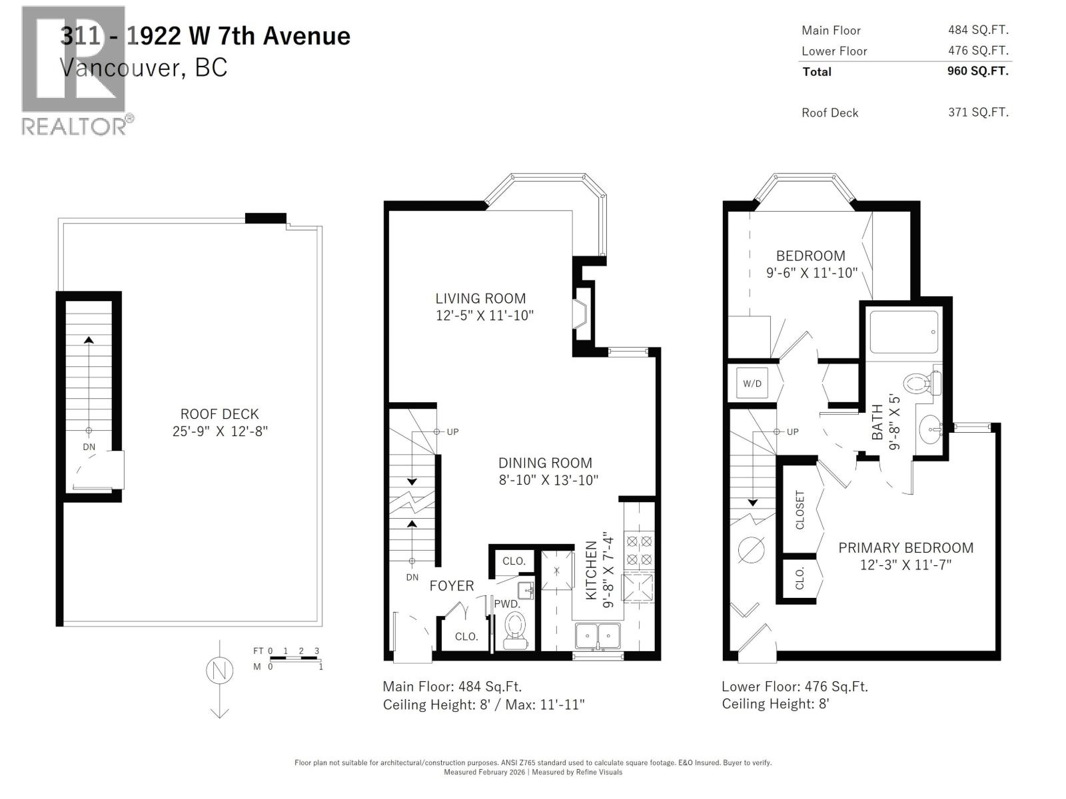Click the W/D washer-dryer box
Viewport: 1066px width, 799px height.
pos(752,384)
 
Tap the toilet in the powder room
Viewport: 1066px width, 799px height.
pos(514,629)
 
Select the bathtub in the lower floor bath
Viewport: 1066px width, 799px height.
pos(904,332)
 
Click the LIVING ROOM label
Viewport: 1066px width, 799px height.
pos(480,298)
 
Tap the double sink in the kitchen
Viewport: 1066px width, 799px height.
pos(598,635)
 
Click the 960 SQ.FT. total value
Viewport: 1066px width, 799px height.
pos(977,71)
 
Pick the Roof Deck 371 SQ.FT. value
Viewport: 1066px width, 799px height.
pos(978,112)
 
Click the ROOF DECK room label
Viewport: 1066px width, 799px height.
pos(219,413)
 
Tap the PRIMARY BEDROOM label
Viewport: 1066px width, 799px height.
pos(905,547)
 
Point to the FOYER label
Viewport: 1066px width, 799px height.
pos(452,586)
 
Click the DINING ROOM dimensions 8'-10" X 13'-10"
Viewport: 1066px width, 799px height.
pos(548,480)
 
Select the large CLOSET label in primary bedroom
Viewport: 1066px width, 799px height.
pos(800,509)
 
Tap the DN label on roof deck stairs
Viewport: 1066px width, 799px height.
pos(89,447)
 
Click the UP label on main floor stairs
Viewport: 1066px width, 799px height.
pos(452,431)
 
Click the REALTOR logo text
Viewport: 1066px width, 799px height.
pos(73,126)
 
